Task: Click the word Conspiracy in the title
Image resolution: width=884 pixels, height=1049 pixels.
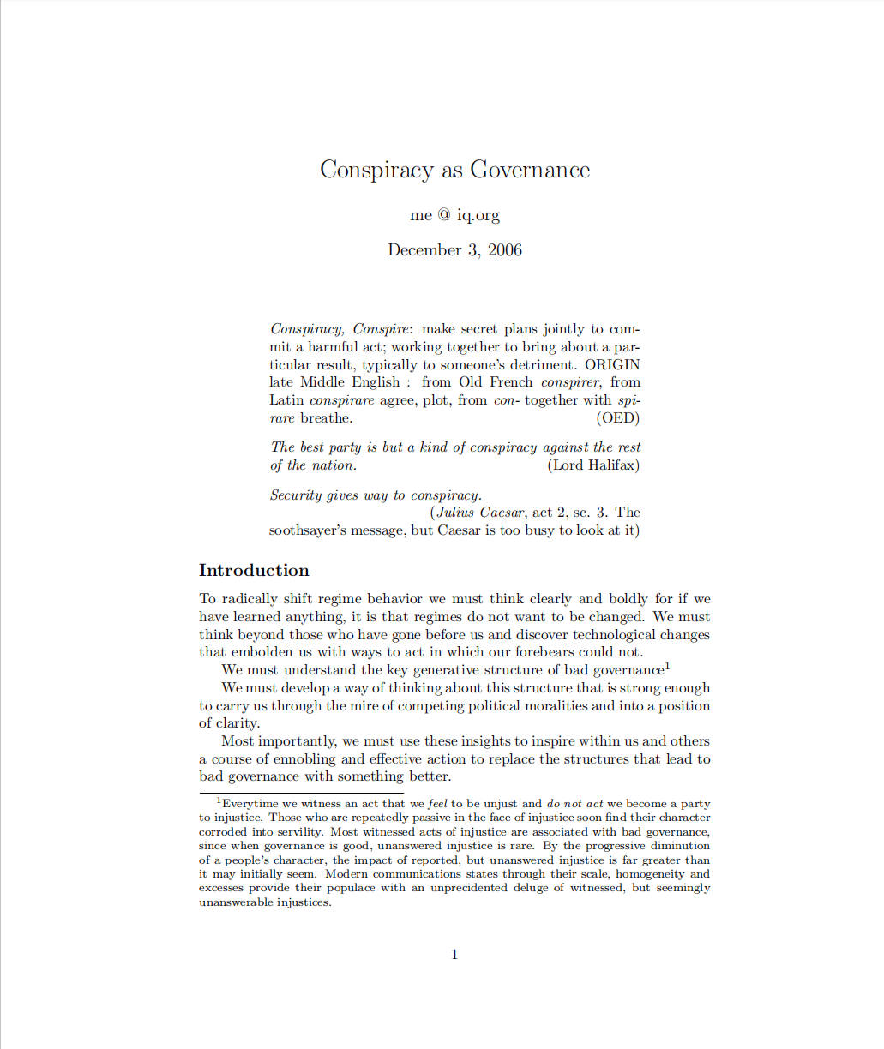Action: click(376, 170)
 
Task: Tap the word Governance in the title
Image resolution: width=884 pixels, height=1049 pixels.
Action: click(530, 170)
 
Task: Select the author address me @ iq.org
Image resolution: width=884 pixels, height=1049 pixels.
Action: click(454, 215)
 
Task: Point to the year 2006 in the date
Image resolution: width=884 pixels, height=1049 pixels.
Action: click(505, 250)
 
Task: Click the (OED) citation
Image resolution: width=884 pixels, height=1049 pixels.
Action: click(617, 418)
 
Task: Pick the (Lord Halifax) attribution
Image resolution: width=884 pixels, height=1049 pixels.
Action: click(593, 465)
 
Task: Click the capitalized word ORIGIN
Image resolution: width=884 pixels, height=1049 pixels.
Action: click(612, 364)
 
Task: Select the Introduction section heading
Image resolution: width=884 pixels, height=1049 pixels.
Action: click(254, 571)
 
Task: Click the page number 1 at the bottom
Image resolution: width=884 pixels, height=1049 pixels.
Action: click(454, 955)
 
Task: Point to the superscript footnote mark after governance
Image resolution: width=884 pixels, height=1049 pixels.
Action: click(667, 666)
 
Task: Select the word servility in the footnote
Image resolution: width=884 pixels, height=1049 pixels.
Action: click(298, 832)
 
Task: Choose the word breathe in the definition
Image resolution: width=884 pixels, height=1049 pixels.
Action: click(326, 418)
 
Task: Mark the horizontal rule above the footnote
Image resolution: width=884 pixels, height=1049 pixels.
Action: click(301, 793)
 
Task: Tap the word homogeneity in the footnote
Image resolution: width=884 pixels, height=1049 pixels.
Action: click(650, 874)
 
